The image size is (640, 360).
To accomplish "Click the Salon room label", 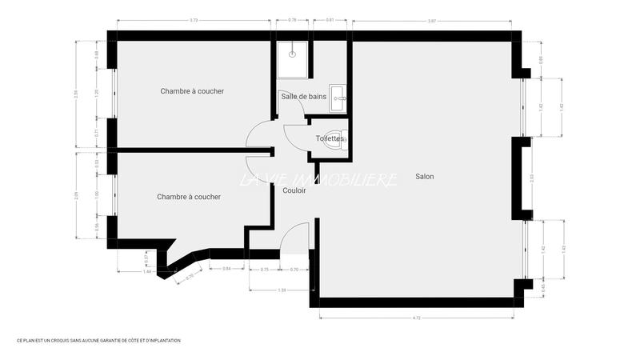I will [x=424, y=176].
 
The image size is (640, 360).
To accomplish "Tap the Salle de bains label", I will [x=302, y=96].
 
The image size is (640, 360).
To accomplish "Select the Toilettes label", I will [x=329, y=138].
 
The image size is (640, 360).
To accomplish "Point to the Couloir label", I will [x=294, y=190].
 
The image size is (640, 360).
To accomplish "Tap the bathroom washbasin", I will [x=339, y=97].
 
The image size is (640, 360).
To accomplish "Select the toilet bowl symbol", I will [x=344, y=138].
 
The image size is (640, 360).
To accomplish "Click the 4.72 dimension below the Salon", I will [x=417, y=318].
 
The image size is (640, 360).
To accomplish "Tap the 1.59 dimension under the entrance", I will [x=282, y=290].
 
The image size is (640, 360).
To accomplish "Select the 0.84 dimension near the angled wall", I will [x=227, y=269].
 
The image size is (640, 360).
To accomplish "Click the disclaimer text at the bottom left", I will [x=98, y=341].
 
